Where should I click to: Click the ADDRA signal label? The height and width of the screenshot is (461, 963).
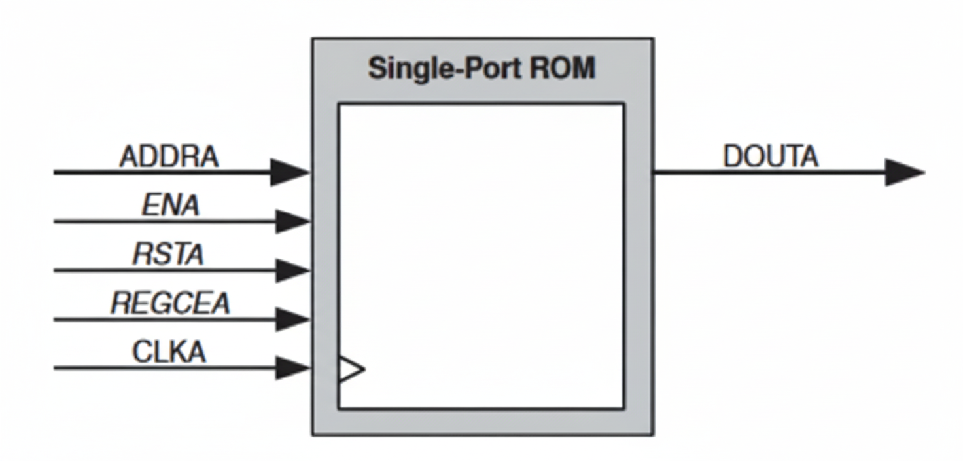[x=169, y=157]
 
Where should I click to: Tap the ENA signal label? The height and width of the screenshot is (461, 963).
[x=170, y=206]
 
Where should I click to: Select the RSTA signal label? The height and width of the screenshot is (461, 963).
[x=169, y=254]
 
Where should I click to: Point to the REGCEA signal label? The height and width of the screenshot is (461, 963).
[x=170, y=303]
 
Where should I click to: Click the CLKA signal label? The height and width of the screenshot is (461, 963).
[x=169, y=352]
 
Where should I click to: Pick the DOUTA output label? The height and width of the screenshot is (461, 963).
[x=770, y=157]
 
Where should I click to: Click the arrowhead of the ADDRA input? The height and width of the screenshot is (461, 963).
[x=290, y=172]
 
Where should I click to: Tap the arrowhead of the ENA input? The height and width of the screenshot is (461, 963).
[x=292, y=221]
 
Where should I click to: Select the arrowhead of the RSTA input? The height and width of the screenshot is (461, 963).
[x=292, y=270]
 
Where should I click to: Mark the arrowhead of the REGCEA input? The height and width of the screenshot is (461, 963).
[x=292, y=319]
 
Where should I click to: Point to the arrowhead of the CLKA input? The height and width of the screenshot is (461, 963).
[x=292, y=368]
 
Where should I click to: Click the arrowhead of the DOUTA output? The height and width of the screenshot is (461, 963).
[x=904, y=172]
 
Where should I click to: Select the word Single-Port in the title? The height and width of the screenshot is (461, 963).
[x=443, y=68]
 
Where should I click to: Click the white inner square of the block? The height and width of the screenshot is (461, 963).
[x=481, y=255]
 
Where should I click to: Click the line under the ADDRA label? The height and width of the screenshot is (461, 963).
[x=164, y=173]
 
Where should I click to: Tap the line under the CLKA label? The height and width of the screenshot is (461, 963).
[x=164, y=368]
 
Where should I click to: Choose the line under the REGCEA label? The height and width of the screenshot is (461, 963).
[x=164, y=320]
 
